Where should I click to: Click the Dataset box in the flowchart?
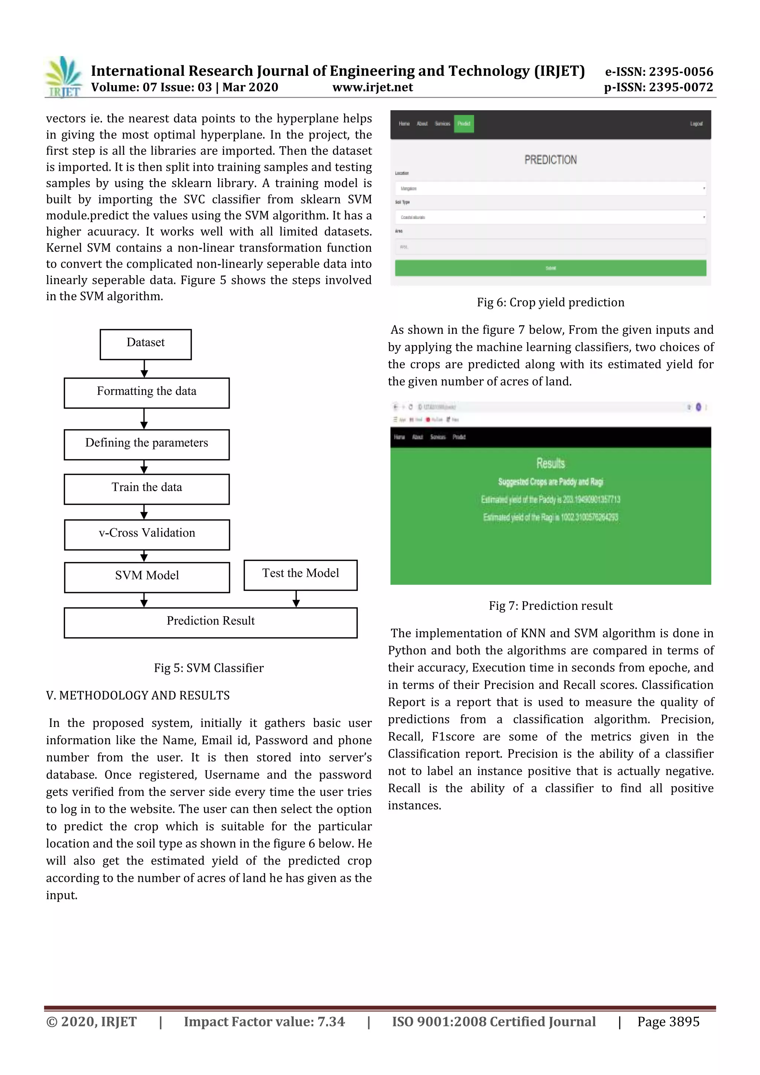pos(145,344)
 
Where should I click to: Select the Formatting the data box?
pos(147,393)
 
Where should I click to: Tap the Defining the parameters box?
pos(147,444)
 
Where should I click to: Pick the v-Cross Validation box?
pos(147,534)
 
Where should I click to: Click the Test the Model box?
pos(301,575)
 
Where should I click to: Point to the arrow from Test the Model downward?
pos(296,599)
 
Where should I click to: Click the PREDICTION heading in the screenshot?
pos(550,160)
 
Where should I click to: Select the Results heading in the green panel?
pos(550,464)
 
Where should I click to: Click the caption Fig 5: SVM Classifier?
pos(209,668)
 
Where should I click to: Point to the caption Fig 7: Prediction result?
pos(550,606)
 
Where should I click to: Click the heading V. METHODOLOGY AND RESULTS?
pos(138,695)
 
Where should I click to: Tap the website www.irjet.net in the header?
pos(373,88)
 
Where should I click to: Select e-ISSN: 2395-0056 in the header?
pos(659,72)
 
